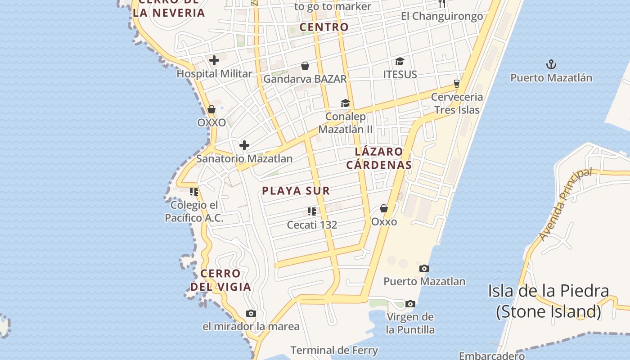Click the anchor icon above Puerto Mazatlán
[x=551, y=64]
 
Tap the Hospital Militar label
[x=214, y=74]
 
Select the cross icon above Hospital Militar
[x=214, y=60]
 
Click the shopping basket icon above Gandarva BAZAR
[x=305, y=66]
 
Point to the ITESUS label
[x=400, y=74]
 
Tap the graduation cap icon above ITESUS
[x=400, y=61]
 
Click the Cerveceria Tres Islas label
[x=457, y=103]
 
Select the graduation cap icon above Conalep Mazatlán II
[x=345, y=103]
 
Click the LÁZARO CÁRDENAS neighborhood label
[x=379, y=158]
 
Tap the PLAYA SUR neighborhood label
[x=296, y=191]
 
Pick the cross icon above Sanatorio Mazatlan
[x=244, y=145]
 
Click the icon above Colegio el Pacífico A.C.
[x=194, y=192]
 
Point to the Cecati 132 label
[x=312, y=225]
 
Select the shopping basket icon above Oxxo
[x=384, y=208]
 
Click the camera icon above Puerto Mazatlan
[x=424, y=269]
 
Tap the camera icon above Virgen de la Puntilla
[x=410, y=304]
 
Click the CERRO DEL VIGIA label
[x=220, y=280]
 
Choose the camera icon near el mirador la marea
[x=251, y=314]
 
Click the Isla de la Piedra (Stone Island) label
[x=549, y=301]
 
